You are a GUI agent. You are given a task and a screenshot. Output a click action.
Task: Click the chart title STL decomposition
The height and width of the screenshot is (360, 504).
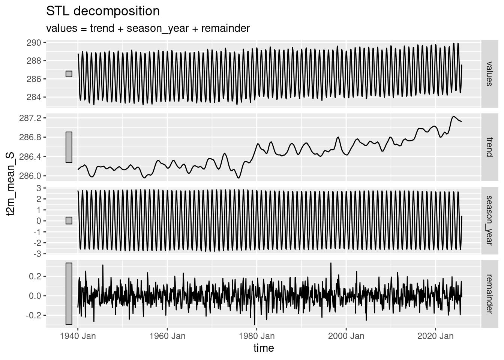click(x=103, y=11)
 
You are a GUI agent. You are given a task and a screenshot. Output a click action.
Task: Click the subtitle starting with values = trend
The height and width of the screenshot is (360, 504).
click(x=148, y=28)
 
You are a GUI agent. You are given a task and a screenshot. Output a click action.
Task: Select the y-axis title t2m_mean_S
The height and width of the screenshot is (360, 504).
click(x=12, y=184)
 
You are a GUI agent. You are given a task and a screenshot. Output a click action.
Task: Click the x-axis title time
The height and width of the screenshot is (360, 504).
click(x=264, y=348)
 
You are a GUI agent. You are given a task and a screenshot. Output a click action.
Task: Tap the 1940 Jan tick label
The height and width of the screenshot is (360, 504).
click(x=78, y=336)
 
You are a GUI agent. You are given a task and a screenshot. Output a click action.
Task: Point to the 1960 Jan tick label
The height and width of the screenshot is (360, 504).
click(x=167, y=336)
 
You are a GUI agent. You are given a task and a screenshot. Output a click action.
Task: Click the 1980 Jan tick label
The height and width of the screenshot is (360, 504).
click(x=257, y=336)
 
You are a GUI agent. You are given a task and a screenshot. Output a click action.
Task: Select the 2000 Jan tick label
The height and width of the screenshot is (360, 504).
click(x=346, y=336)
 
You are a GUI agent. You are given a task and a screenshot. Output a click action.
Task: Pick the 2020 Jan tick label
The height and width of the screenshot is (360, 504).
click(x=436, y=336)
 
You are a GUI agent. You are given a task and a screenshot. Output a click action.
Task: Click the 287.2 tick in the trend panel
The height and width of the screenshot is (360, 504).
click(x=31, y=118)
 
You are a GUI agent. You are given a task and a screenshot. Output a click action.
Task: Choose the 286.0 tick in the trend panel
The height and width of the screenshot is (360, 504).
click(x=31, y=176)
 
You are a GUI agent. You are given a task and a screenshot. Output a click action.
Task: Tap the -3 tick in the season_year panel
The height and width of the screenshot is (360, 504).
click(x=38, y=254)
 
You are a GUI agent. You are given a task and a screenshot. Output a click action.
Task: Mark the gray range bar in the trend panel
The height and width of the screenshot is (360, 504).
click(x=69, y=147)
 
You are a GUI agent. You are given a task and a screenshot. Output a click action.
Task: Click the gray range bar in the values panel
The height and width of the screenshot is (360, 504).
click(x=69, y=74)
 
